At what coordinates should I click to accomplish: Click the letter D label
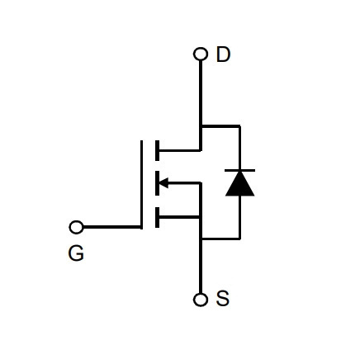coord(223,54)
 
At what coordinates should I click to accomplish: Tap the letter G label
coord(76,253)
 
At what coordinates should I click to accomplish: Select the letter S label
coord(222,298)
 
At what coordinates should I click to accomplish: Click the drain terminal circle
coord(201,54)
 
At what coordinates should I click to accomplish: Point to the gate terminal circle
coord(76,227)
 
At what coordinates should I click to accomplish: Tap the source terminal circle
coord(201,300)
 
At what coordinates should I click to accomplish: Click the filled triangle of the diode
coord(239,183)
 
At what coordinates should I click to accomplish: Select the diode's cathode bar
coord(239,171)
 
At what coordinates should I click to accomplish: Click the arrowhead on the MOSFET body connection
coord(164,182)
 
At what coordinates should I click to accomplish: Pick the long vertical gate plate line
coord(141,185)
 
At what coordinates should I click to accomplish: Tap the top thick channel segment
coord(157,150)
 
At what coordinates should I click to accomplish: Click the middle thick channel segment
coord(157,183)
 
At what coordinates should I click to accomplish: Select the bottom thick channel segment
coord(157,217)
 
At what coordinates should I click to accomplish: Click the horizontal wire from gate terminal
coord(111,227)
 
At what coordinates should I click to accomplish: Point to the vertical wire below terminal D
coord(201,106)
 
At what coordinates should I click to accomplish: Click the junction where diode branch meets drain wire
coord(201,126)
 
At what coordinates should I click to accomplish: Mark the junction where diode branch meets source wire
coord(201,239)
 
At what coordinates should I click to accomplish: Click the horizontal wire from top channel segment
coord(180,150)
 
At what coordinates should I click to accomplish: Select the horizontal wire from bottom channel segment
coord(180,217)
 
